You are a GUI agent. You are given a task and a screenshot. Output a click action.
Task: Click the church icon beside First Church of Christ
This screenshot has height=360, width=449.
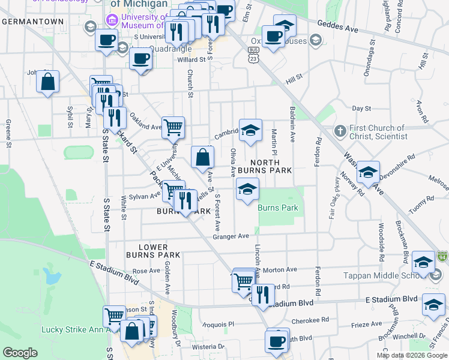(x=339, y=130)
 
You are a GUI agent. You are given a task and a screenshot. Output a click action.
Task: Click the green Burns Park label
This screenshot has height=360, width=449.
(x=278, y=208)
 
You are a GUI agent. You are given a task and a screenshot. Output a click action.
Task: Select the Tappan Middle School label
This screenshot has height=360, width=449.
(x=393, y=275)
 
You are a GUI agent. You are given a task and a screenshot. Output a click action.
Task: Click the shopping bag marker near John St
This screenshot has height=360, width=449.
(x=47, y=81)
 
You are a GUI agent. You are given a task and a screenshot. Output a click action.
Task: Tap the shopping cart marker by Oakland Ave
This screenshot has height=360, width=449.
(x=173, y=127)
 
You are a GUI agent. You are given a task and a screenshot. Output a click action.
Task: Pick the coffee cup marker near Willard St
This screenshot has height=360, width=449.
(x=141, y=59)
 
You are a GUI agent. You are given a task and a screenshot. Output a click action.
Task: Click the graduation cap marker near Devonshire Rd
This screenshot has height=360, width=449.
(x=367, y=172)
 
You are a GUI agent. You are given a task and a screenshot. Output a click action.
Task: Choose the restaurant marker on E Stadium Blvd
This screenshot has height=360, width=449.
(x=262, y=295)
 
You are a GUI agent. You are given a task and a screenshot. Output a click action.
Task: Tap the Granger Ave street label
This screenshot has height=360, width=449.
(x=231, y=236)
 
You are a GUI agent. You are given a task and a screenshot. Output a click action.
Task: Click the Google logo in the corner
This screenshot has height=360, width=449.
(x=20, y=353)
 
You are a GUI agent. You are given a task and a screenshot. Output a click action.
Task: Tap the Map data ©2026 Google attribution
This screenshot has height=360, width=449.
(x=411, y=355)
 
